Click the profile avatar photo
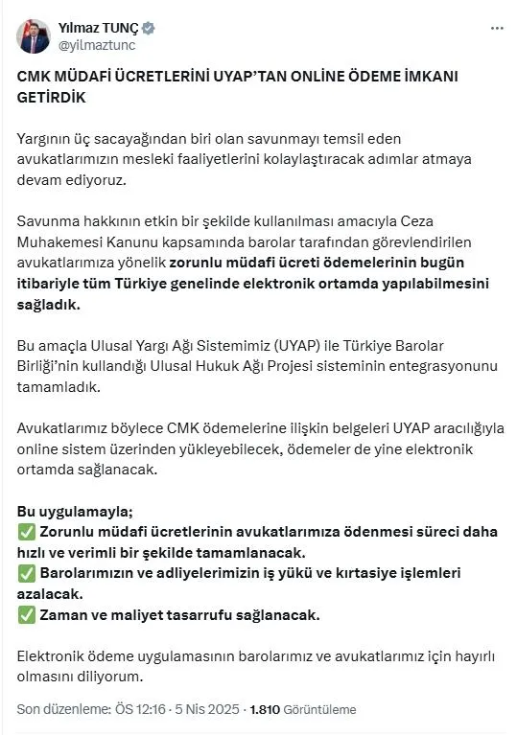pyautogui.click(x=34, y=35)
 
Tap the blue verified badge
pyautogui.click(x=149, y=28)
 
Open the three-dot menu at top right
pyautogui.click(x=496, y=29)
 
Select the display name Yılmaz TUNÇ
pyautogui.click(x=99, y=28)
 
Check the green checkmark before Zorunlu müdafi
pyautogui.click(x=27, y=532)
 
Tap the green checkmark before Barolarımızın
pyautogui.click(x=27, y=573)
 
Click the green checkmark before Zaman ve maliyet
pyautogui.click(x=27, y=614)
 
